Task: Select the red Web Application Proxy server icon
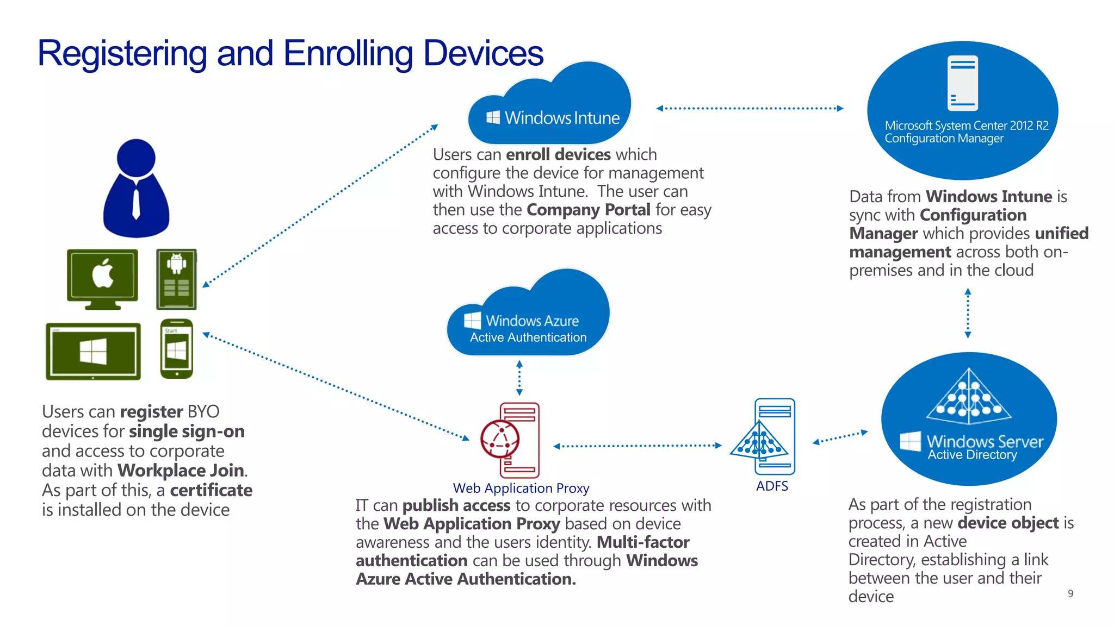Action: (x=511, y=440)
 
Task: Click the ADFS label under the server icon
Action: (x=772, y=486)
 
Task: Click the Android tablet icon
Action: (x=176, y=279)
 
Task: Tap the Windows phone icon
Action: (x=177, y=348)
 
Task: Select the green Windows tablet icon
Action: (x=93, y=350)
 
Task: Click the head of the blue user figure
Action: (x=136, y=158)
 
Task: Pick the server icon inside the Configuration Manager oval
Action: (x=962, y=83)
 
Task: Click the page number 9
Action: (x=1070, y=593)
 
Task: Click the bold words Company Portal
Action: (x=589, y=210)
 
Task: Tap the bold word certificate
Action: (x=211, y=490)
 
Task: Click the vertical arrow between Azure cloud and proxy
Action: (x=519, y=377)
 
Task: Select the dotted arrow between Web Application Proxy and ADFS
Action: (x=637, y=446)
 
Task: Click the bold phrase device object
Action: (x=1008, y=523)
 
